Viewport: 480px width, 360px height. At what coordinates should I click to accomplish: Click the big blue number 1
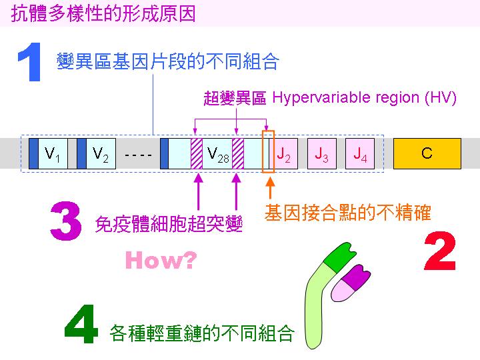click(30, 62)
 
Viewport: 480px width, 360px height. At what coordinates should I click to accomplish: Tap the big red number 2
click(440, 251)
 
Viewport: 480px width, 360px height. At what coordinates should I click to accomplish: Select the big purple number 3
click(66, 221)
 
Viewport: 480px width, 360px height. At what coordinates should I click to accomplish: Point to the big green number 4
click(81, 324)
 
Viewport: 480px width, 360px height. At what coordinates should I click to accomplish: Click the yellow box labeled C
click(427, 153)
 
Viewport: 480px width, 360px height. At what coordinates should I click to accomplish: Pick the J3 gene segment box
click(322, 153)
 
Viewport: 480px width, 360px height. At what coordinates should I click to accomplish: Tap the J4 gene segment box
click(360, 153)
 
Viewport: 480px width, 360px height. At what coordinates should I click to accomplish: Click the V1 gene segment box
click(49, 153)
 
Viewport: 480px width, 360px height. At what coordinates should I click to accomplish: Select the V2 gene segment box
click(97, 153)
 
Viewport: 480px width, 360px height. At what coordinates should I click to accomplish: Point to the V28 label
click(217, 154)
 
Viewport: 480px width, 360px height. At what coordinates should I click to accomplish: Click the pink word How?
click(161, 260)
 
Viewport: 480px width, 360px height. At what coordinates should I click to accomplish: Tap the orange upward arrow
click(270, 187)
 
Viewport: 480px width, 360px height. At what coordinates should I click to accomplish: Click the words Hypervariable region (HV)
click(364, 98)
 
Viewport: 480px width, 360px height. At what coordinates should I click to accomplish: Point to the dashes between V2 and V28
click(138, 155)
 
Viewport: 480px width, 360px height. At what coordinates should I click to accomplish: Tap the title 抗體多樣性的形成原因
click(103, 13)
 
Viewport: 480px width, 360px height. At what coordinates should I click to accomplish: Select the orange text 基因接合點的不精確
click(348, 213)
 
